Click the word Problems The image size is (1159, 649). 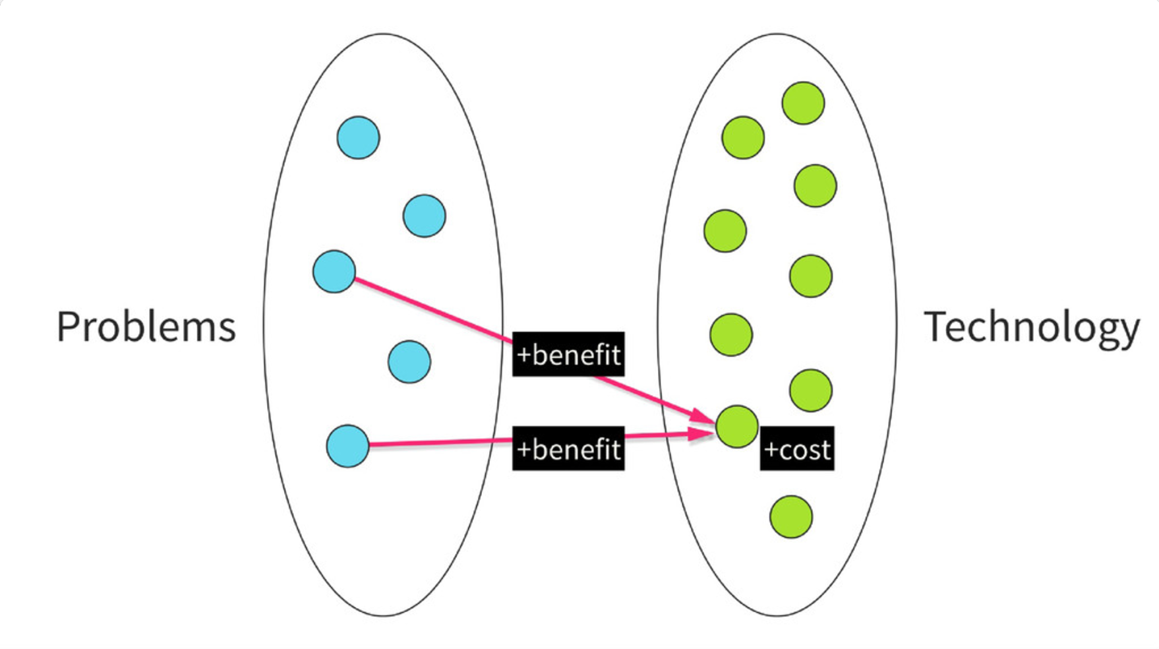tap(146, 326)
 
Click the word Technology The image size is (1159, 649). tap(1032, 328)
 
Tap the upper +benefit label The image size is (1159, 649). tap(568, 354)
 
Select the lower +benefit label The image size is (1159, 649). tap(568, 448)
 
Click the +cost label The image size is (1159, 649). tap(797, 448)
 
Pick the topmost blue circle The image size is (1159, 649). tap(358, 138)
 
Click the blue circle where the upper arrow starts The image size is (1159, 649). tap(334, 271)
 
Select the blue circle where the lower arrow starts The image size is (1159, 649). tap(347, 446)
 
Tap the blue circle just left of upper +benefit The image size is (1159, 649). tap(409, 362)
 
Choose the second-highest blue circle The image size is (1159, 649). tap(424, 216)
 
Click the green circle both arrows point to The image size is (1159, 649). tap(737, 427)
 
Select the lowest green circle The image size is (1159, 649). tap(791, 517)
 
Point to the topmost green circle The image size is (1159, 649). tap(803, 103)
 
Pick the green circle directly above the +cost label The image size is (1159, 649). tap(810, 390)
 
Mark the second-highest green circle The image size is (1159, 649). tap(743, 138)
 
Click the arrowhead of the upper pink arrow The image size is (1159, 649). tap(703, 416)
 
